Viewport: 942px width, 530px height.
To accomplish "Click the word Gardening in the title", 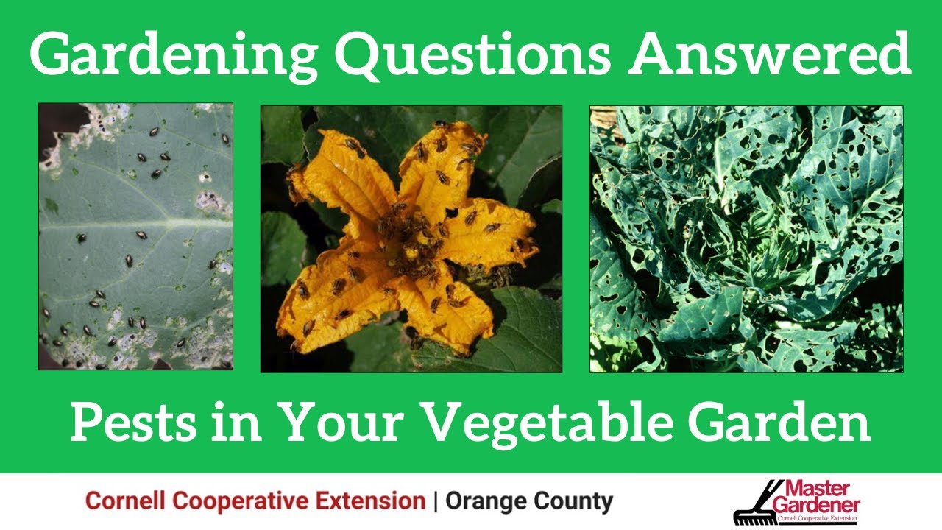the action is point(173,55).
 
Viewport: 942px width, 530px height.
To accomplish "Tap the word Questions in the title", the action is point(472,54).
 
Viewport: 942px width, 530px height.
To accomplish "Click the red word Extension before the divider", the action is point(370,501).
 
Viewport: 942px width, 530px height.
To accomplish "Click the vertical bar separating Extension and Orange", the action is point(435,501).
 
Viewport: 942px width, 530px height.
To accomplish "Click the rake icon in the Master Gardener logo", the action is point(756,505).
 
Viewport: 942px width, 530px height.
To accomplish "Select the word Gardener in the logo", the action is point(817,505).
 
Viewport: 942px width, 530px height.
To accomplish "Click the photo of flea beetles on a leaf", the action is point(136,236).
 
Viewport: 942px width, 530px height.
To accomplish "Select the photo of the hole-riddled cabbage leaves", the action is point(746,239).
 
